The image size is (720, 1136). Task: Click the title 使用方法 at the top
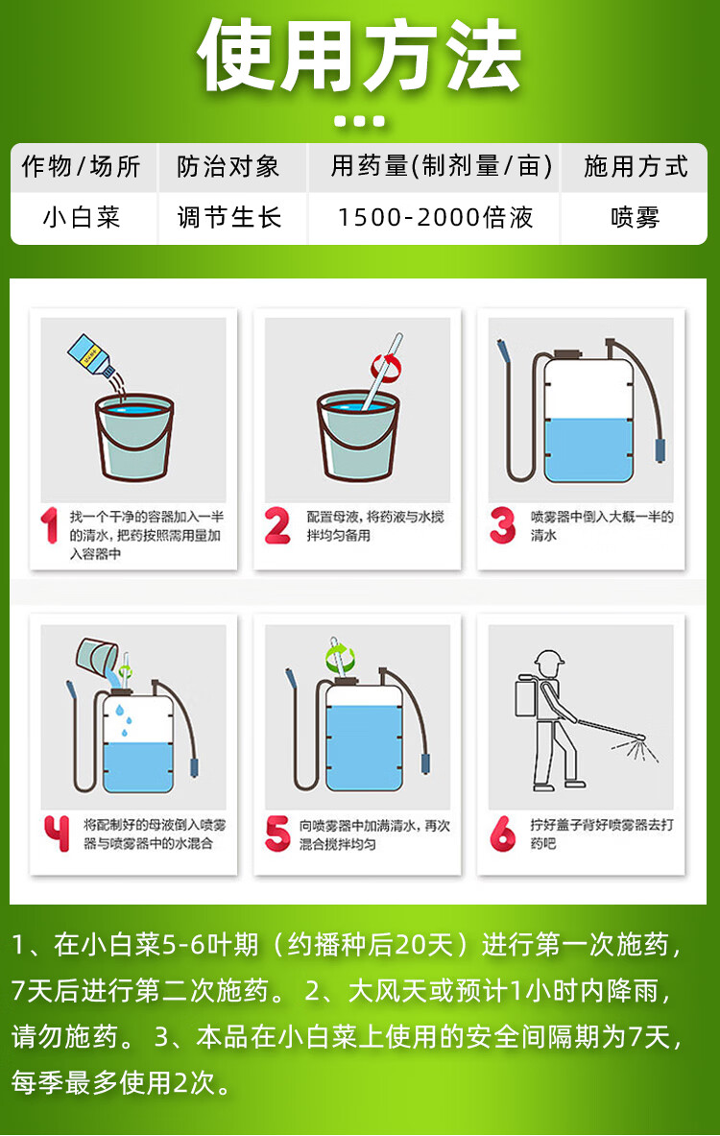(x=359, y=56)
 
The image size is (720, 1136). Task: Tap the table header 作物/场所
(x=82, y=167)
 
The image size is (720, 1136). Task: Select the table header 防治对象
(x=228, y=167)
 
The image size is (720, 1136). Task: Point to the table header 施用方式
(x=636, y=167)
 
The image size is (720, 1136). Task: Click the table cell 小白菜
(x=82, y=217)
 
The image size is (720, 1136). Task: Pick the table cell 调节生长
(x=228, y=217)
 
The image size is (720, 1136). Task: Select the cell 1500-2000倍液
(x=435, y=217)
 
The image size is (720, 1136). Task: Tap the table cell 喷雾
(x=636, y=217)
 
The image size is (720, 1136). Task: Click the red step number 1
(x=49, y=525)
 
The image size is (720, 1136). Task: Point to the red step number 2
(x=277, y=525)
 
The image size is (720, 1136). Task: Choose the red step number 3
(x=502, y=525)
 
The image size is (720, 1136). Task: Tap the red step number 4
(x=58, y=834)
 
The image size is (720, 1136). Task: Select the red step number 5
(x=277, y=834)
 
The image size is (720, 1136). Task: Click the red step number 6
(x=502, y=834)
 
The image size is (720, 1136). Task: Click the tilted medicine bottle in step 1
(x=90, y=355)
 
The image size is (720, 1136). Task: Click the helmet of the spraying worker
(x=548, y=660)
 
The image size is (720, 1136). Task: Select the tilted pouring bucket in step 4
(x=97, y=656)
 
